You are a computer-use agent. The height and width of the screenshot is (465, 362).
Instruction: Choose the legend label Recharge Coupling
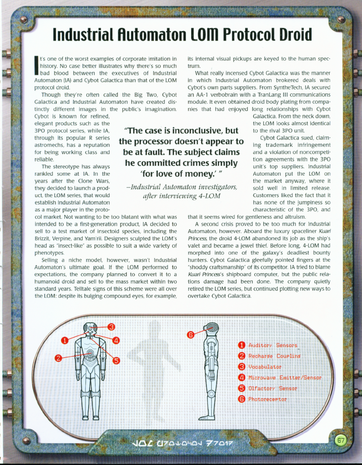274,356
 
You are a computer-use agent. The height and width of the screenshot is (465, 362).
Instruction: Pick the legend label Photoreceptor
267,399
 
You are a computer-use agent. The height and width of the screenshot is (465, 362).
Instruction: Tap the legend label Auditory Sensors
273,345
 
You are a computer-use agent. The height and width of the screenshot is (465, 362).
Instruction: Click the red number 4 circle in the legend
241,378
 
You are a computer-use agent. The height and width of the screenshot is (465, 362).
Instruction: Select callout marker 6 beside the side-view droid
190,334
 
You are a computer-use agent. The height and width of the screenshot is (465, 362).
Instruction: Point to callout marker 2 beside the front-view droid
58,357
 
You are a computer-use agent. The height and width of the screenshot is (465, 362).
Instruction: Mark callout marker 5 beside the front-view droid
116,360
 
